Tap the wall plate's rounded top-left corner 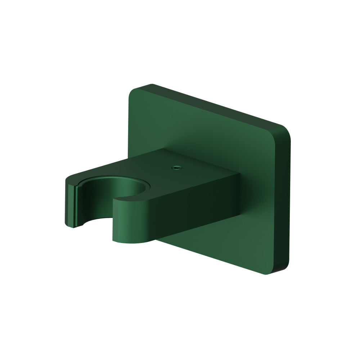134,90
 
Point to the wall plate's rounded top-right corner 284,129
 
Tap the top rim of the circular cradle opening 119,178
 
